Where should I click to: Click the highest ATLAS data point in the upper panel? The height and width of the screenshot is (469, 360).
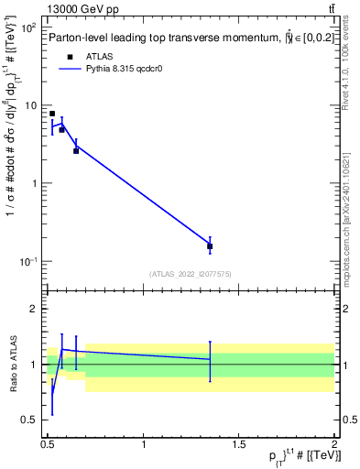pyautogui.click(x=52, y=114)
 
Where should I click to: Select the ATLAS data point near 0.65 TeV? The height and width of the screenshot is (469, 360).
pyautogui.click(x=76, y=150)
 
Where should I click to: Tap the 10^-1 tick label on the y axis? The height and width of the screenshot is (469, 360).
pyautogui.click(x=28, y=262)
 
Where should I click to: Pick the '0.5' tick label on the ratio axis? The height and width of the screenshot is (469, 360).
pyautogui.click(x=28, y=420)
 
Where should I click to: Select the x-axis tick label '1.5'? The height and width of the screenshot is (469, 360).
pyautogui.click(x=239, y=446)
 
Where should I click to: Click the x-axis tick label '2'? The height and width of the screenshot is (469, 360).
pyautogui.click(x=333, y=446)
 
